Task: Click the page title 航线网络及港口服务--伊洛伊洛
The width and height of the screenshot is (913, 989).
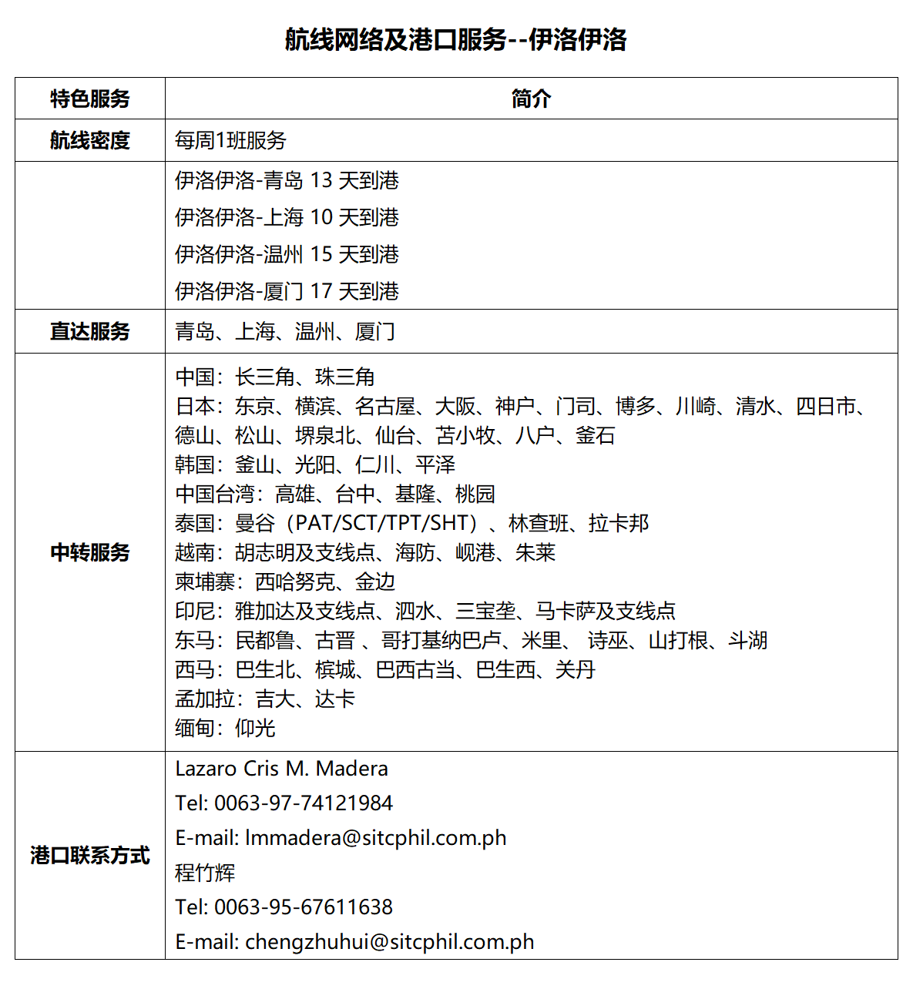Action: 456,39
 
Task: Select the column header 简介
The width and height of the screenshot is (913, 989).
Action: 531,99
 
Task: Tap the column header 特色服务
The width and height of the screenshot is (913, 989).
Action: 90,99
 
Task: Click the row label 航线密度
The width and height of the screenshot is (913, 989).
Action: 90,140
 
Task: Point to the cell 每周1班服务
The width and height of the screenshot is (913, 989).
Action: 230,140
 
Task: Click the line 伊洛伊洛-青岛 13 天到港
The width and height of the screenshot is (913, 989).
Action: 287,180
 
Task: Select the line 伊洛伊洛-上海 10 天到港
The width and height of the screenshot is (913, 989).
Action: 287,217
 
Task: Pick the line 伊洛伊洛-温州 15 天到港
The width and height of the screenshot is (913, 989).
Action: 287,254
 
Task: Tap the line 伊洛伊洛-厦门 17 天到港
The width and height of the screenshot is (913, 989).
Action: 287,291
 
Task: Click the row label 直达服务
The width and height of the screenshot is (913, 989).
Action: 90,331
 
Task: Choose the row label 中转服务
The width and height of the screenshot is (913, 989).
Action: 90,552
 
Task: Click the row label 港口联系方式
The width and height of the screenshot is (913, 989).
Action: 90,855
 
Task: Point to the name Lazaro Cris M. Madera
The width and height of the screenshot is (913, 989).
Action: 281,769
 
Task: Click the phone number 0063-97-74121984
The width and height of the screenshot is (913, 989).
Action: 304,803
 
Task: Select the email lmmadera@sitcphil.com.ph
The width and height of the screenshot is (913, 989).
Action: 376,838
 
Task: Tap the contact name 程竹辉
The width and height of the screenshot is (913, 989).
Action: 205,873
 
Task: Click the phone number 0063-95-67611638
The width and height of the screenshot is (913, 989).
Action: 304,907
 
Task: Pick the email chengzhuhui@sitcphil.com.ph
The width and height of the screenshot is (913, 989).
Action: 390,942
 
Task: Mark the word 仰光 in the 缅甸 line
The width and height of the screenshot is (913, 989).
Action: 255,728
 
